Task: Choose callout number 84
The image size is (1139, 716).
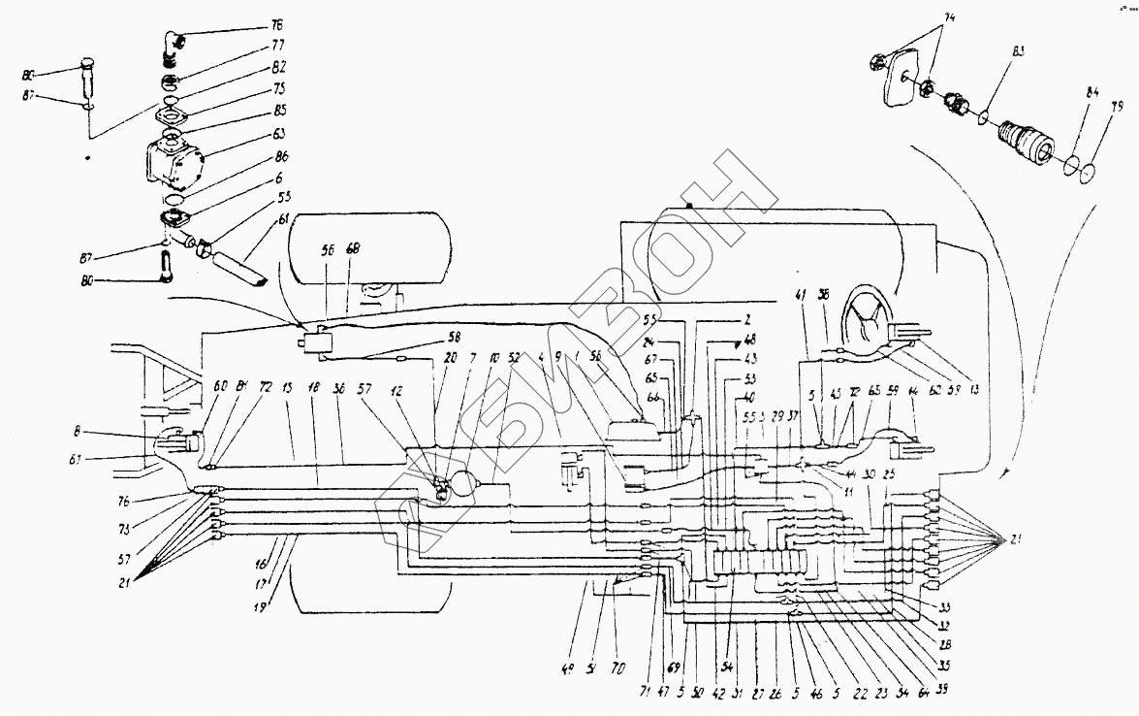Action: click(x=1092, y=93)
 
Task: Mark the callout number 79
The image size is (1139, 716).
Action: click(x=1118, y=107)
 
